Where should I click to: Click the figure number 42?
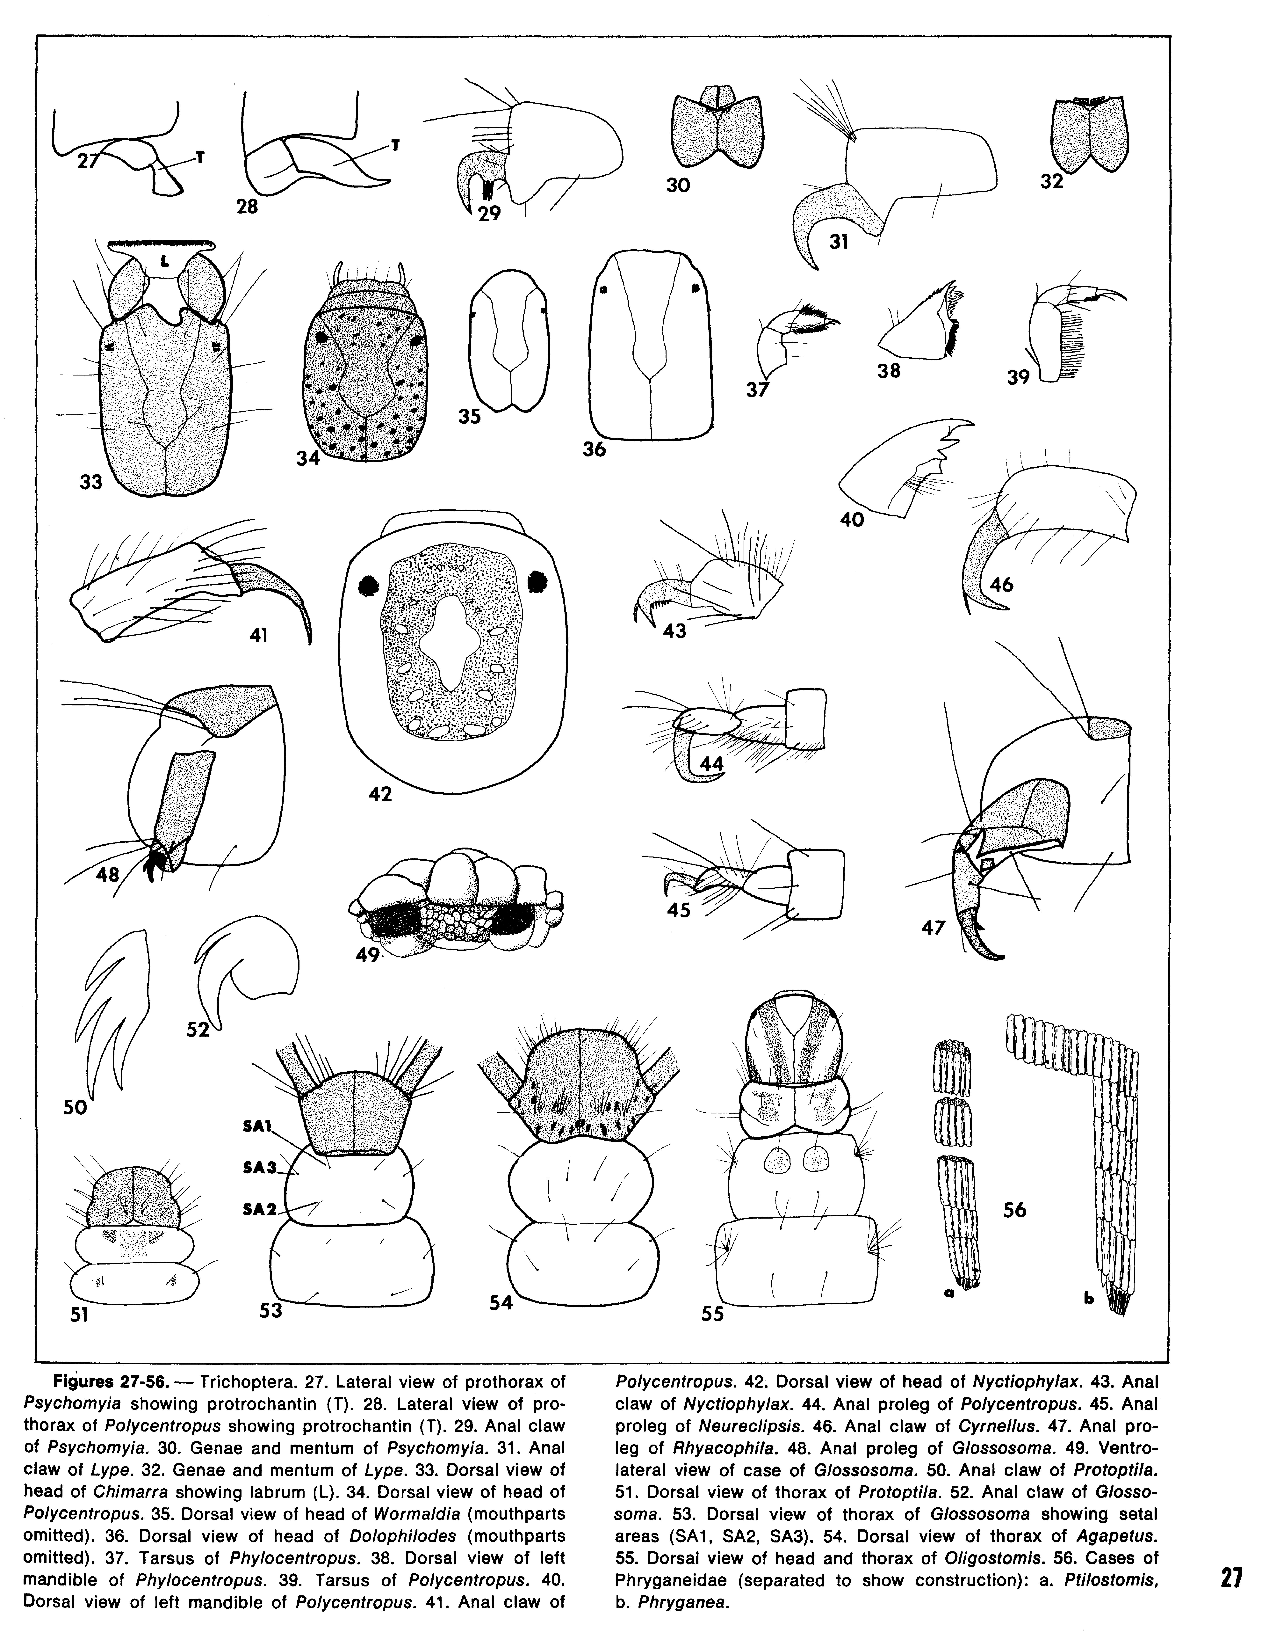(x=381, y=793)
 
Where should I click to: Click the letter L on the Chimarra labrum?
(x=164, y=262)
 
